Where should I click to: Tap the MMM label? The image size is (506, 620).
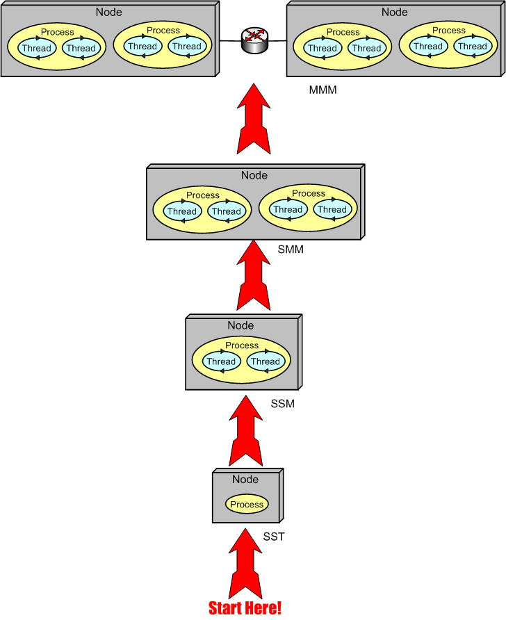click(x=323, y=90)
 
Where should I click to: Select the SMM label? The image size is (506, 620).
click(x=291, y=250)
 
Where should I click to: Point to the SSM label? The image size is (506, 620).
click(x=283, y=404)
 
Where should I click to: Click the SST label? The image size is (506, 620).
click(x=274, y=537)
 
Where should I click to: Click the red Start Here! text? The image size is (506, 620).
click(x=245, y=608)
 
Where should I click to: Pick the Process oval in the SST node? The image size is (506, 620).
click(x=247, y=505)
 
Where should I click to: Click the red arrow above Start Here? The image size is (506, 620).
click(x=245, y=563)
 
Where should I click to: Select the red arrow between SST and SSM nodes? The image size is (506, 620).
click(x=245, y=431)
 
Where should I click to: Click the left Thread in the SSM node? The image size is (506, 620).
click(x=221, y=361)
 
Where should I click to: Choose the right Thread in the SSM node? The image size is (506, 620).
click(x=265, y=361)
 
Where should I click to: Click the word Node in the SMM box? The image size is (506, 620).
click(x=254, y=175)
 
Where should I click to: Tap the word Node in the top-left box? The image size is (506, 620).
click(x=109, y=13)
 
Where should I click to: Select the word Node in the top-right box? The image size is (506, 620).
click(x=395, y=13)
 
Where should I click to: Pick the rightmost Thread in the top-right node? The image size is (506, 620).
click(x=473, y=47)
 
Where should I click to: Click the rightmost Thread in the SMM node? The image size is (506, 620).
click(x=332, y=209)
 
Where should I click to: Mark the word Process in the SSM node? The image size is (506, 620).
click(x=242, y=345)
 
